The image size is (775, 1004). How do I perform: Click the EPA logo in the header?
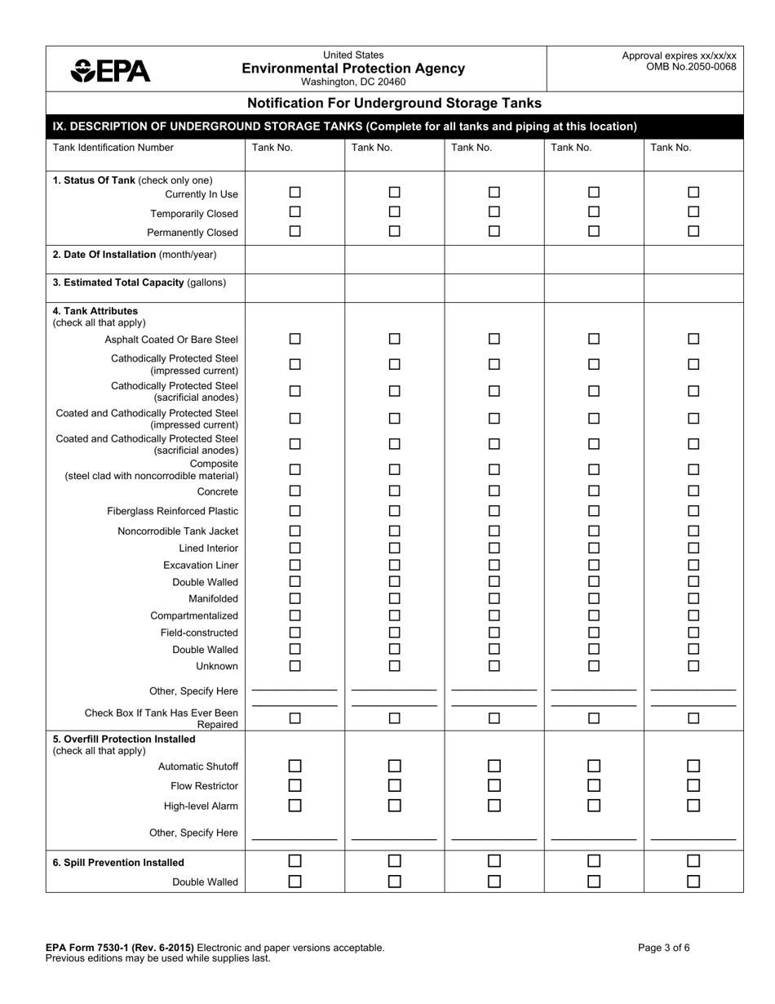coord(111,71)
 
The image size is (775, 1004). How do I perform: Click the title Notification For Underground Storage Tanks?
coord(394,103)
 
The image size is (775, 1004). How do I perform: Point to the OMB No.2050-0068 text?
coord(691,67)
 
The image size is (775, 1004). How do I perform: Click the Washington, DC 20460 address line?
coord(353,82)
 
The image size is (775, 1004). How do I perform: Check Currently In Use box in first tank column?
coord(295,193)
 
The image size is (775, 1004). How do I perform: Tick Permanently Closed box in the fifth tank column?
coord(693,231)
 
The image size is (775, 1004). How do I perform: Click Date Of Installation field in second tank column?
coord(394,259)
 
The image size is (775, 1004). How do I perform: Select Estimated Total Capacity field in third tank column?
coord(494,287)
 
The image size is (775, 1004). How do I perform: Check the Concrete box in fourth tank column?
coord(594,491)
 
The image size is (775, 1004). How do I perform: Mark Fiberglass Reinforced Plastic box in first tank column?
coord(295,511)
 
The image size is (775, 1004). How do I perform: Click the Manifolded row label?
coord(213,599)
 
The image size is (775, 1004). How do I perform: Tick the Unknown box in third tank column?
coord(494,666)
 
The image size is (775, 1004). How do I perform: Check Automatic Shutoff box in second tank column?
coord(394,766)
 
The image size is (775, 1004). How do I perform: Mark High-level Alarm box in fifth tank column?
coord(693,806)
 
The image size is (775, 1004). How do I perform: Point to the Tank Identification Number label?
coord(113,148)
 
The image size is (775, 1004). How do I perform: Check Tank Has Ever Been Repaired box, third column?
coord(494,718)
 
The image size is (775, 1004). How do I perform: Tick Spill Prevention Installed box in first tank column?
coord(295,860)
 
